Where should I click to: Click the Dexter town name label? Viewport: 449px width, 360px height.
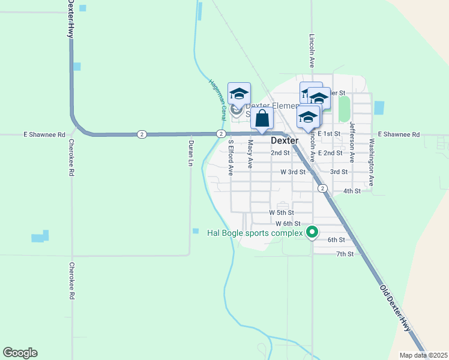coord(285,140)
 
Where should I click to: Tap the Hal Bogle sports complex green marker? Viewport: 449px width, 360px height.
coord(312,232)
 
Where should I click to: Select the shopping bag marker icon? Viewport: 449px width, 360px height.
coord(262,118)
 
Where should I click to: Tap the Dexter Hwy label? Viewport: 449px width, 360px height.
coord(70,20)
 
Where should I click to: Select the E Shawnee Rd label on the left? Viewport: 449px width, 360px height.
coord(44,135)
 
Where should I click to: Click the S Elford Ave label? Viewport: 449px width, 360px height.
coord(231,158)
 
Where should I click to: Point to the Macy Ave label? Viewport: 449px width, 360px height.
coord(250,154)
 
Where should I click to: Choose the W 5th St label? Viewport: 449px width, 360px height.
coord(281,212)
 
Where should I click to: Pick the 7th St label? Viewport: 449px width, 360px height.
coord(345,254)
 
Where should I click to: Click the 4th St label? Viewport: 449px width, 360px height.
coord(352,191)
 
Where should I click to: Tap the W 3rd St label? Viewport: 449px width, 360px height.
coord(293,172)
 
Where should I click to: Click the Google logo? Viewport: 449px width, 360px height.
coord(20,353)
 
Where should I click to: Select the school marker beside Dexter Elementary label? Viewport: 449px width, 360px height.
coord(239,94)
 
